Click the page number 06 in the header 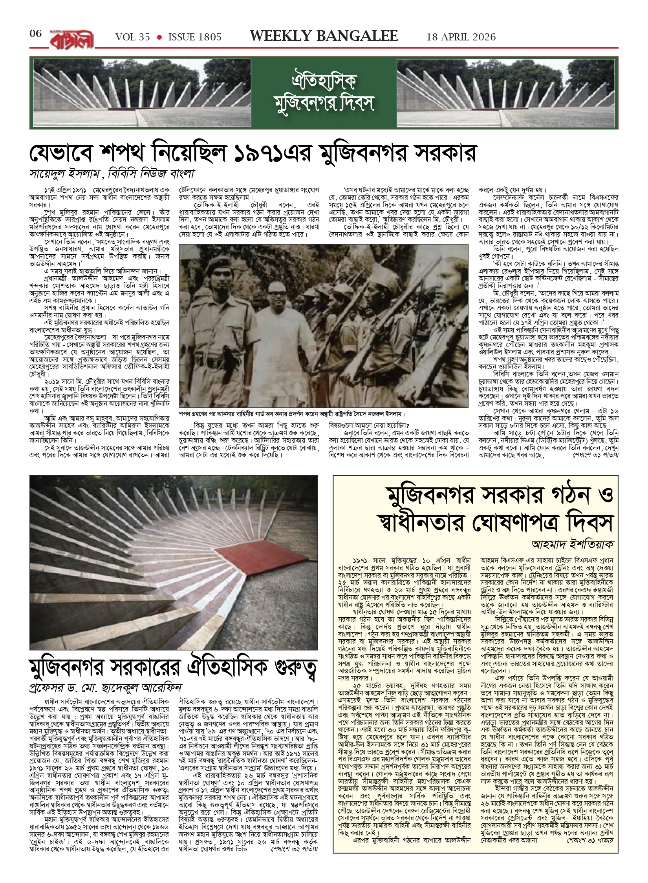pyautogui.click(x=35, y=34)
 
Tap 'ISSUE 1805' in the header pyautogui.click(x=195, y=37)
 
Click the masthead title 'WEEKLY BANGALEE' pyautogui.click(x=324, y=36)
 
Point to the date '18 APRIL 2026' pyautogui.click(x=461, y=37)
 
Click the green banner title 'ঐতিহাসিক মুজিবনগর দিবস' pyautogui.click(x=324, y=93)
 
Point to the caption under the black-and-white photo pyautogui.click(x=291, y=414)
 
